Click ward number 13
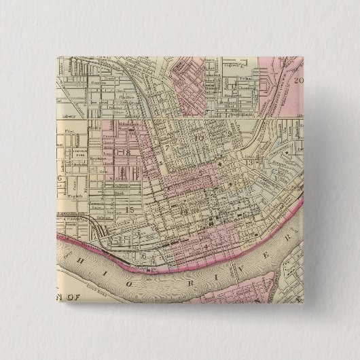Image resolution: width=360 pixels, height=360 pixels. (249, 163)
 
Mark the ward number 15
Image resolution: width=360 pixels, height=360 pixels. (130, 209)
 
